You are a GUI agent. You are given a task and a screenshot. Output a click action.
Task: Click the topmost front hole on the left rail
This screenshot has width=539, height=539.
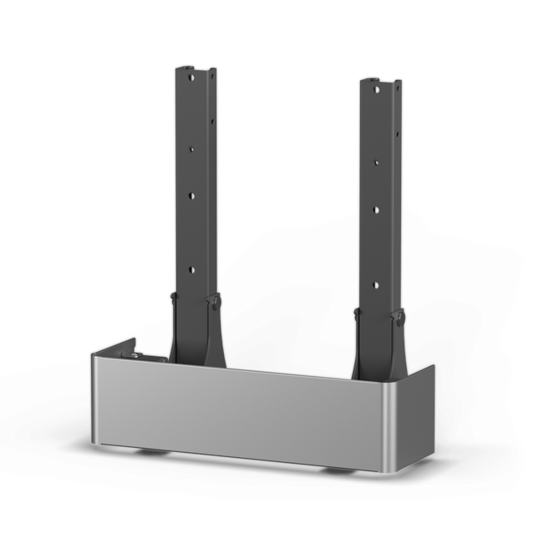pyautogui.click(x=191, y=76)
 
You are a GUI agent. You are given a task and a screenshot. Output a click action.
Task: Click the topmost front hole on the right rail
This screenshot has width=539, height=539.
pyautogui.click(x=376, y=89)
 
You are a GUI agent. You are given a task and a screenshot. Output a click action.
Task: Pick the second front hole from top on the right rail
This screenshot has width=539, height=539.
pyautogui.click(x=376, y=162)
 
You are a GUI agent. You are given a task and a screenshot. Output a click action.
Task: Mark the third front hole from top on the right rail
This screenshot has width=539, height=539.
pyautogui.click(x=376, y=210)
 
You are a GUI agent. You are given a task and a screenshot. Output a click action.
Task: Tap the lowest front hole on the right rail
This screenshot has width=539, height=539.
pyautogui.click(x=376, y=284)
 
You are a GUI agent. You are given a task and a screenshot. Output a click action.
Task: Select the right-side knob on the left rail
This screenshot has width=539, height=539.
pyautogui.click(x=215, y=302)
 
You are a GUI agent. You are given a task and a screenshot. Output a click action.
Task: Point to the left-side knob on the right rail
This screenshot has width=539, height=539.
pyautogui.click(x=358, y=313)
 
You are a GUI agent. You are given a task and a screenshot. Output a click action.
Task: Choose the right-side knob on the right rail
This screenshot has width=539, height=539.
pyautogui.click(x=399, y=318)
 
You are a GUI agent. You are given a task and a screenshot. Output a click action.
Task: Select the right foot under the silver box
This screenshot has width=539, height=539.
pyautogui.click(x=338, y=470)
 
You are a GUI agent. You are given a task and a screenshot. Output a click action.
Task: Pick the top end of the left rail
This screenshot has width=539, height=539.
pyautogui.click(x=195, y=68)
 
